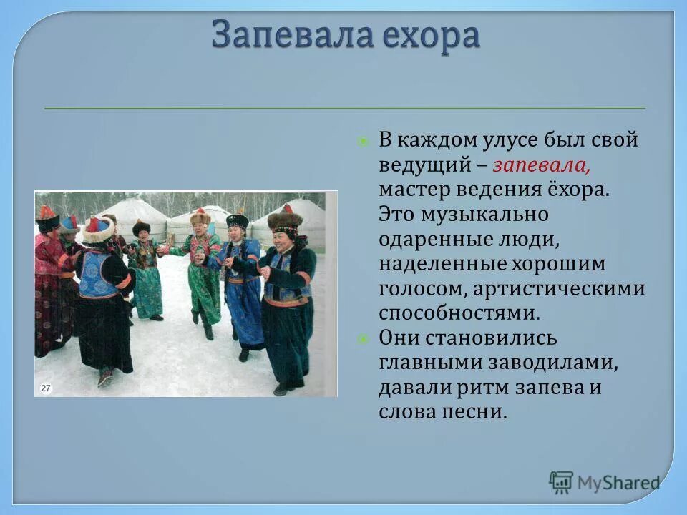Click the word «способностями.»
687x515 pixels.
458,313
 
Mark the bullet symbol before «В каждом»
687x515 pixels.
363,140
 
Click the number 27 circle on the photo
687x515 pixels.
46,388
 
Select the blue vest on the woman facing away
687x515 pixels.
97,275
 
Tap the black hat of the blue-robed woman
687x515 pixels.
238,220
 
